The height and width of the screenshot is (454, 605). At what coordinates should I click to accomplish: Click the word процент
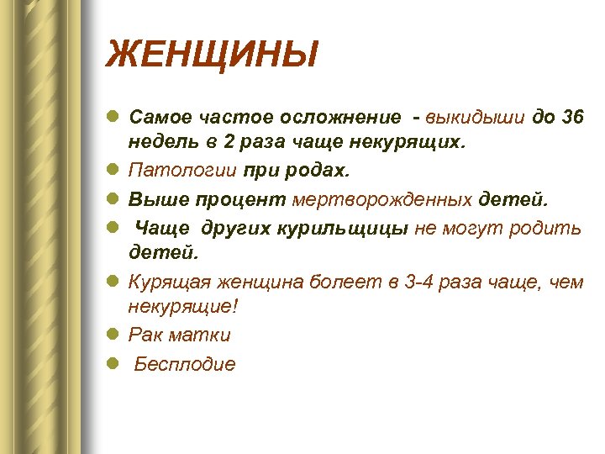(x=244, y=200)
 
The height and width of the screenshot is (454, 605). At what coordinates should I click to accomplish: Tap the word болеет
(x=345, y=282)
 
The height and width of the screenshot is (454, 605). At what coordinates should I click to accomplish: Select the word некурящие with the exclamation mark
(x=183, y=307)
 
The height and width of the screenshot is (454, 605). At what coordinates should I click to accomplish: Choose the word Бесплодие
(x=186, y=364)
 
